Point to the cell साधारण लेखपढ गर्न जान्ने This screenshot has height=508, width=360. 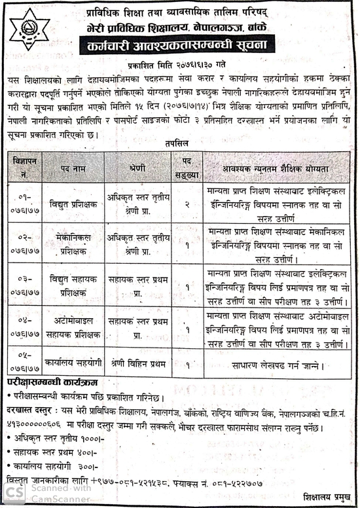click(x=273, y=362)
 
